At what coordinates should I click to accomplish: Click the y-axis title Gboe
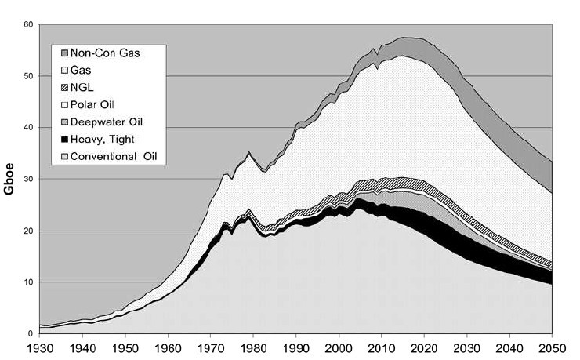coord(10,179)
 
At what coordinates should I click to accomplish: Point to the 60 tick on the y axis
coord(28,25)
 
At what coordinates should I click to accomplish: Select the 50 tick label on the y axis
coord(28,76)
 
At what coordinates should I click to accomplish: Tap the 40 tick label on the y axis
coord(28,128)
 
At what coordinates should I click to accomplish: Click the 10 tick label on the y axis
coord(28,282)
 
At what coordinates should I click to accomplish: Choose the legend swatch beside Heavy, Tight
coord(60,138)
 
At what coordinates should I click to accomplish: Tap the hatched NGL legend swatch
coord(60,87)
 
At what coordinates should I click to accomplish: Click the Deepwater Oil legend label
coord(105,122)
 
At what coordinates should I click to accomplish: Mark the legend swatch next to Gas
coord(60,71)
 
